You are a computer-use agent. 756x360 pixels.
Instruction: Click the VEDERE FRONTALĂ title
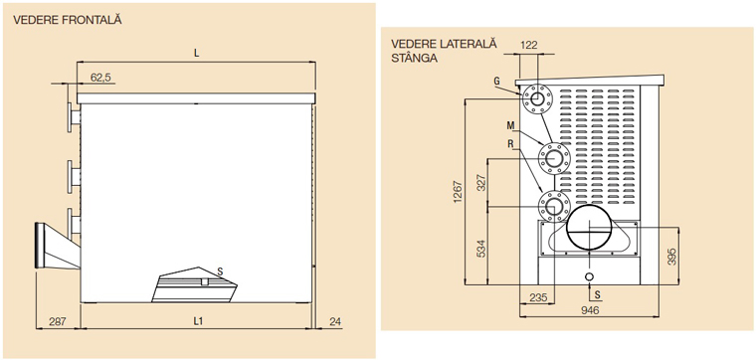click(68, 20)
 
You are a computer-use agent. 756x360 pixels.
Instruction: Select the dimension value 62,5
click(100, 77)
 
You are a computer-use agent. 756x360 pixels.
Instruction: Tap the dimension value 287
click(57, 320)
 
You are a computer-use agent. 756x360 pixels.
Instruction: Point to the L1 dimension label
click(197, 320)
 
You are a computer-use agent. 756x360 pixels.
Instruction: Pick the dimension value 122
click(529, 46)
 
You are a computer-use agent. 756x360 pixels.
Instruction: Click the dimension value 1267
click(458, 192)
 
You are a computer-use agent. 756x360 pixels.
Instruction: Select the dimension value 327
click(481, 183)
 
